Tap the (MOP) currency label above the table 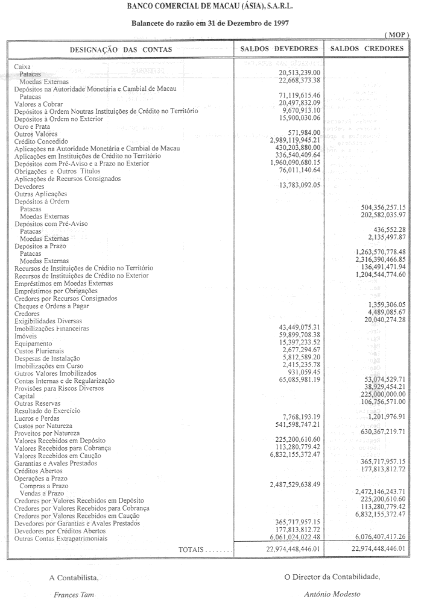(396, 35)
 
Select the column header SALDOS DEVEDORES (279, 49)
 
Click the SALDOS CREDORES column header (368, 49)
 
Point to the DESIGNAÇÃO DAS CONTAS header (120, 49)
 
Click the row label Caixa (22, 66)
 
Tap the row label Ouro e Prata (33, 126)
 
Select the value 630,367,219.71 (375, 432)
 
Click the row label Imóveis (27, 335)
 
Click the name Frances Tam (74, 594)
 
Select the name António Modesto (332, 594)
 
